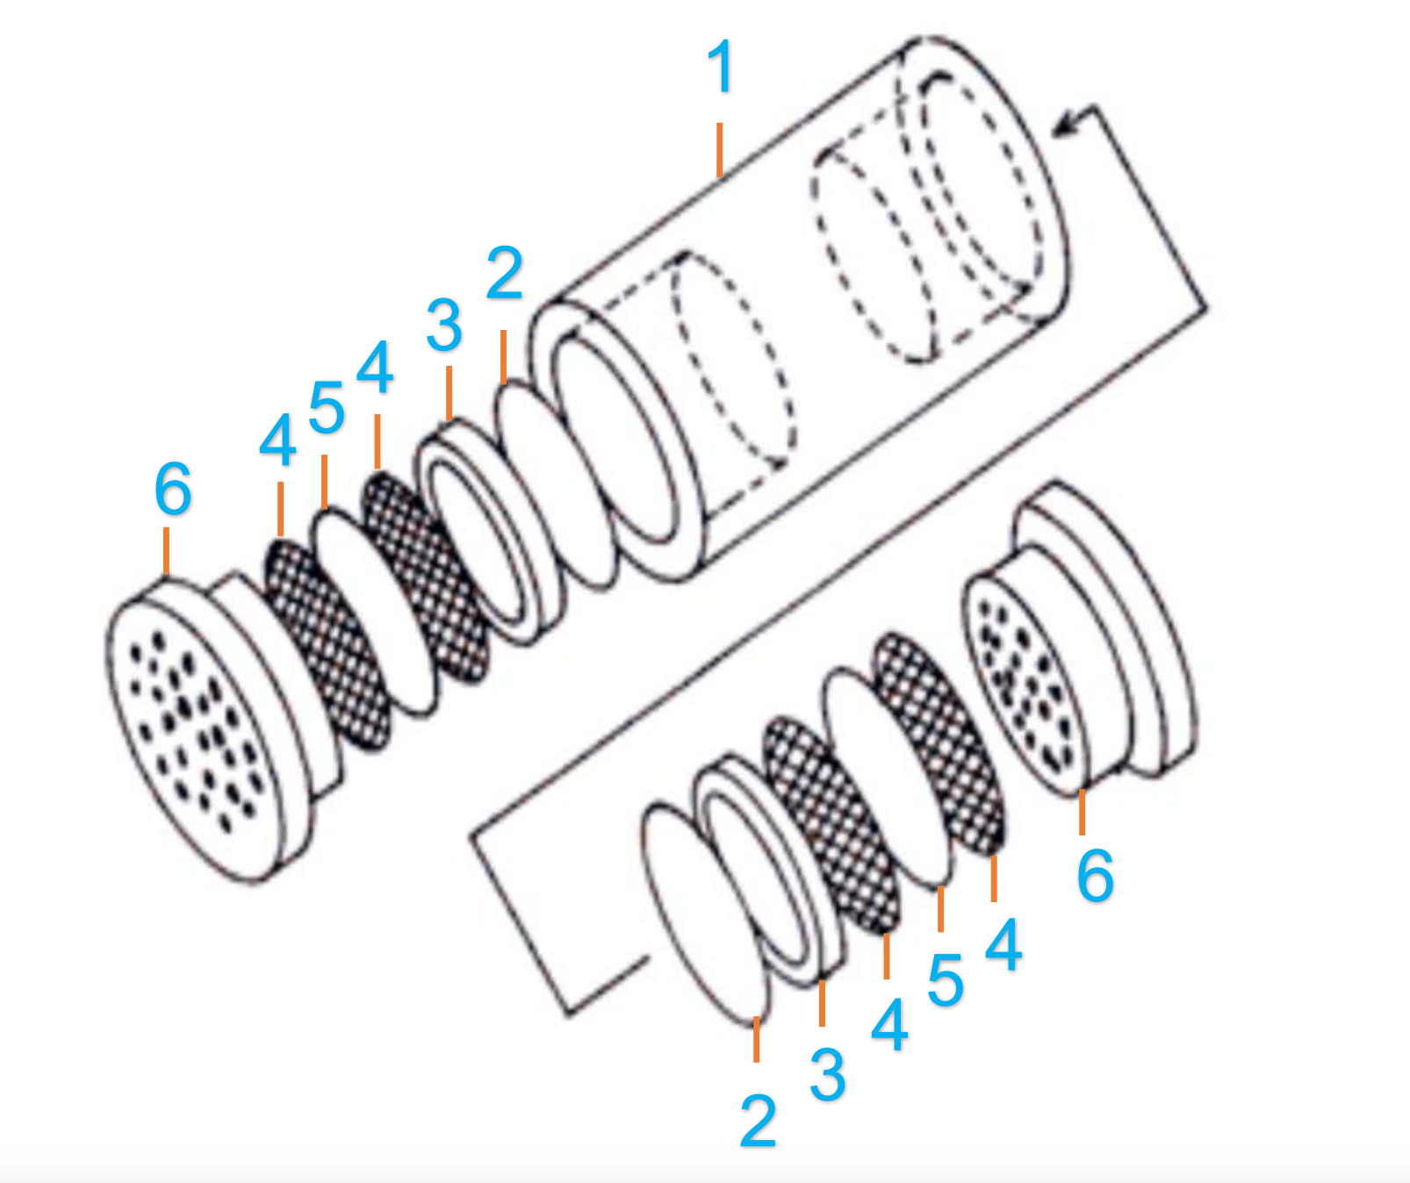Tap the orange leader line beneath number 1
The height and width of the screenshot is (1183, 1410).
coord(720,149)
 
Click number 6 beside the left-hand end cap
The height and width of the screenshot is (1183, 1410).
coord(173,488)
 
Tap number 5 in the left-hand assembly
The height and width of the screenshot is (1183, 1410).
coord(327,408)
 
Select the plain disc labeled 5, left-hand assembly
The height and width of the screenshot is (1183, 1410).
coord(373,614)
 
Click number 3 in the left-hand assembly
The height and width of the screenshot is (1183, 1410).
coord(444,326)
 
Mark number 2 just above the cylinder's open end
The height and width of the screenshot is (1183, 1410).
coord(505,274)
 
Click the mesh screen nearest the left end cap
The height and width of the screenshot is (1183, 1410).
coord(327,645)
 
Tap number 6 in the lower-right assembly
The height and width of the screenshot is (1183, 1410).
coord(1096,875)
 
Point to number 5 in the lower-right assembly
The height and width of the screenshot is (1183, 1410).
coord(946,980)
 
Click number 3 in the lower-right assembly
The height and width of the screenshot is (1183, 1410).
coord(828,1074)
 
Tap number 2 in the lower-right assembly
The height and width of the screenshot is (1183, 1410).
coord(759,1121)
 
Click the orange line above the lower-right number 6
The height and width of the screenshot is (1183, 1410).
coord(1082,812)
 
